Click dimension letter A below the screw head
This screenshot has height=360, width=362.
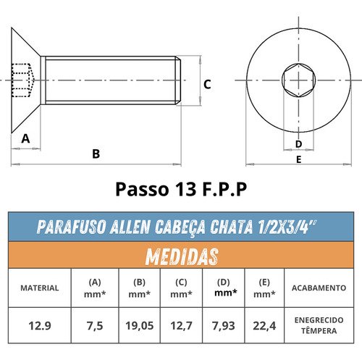25,139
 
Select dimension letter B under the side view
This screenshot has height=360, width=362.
96,154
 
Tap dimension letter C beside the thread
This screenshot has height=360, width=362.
207,85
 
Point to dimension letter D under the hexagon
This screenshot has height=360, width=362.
298,144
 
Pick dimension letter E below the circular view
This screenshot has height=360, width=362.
298,159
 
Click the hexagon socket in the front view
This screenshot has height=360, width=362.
298,80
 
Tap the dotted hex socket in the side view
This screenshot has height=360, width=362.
23,80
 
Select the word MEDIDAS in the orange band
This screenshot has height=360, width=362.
182,256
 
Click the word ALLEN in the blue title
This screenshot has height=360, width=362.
130,227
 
